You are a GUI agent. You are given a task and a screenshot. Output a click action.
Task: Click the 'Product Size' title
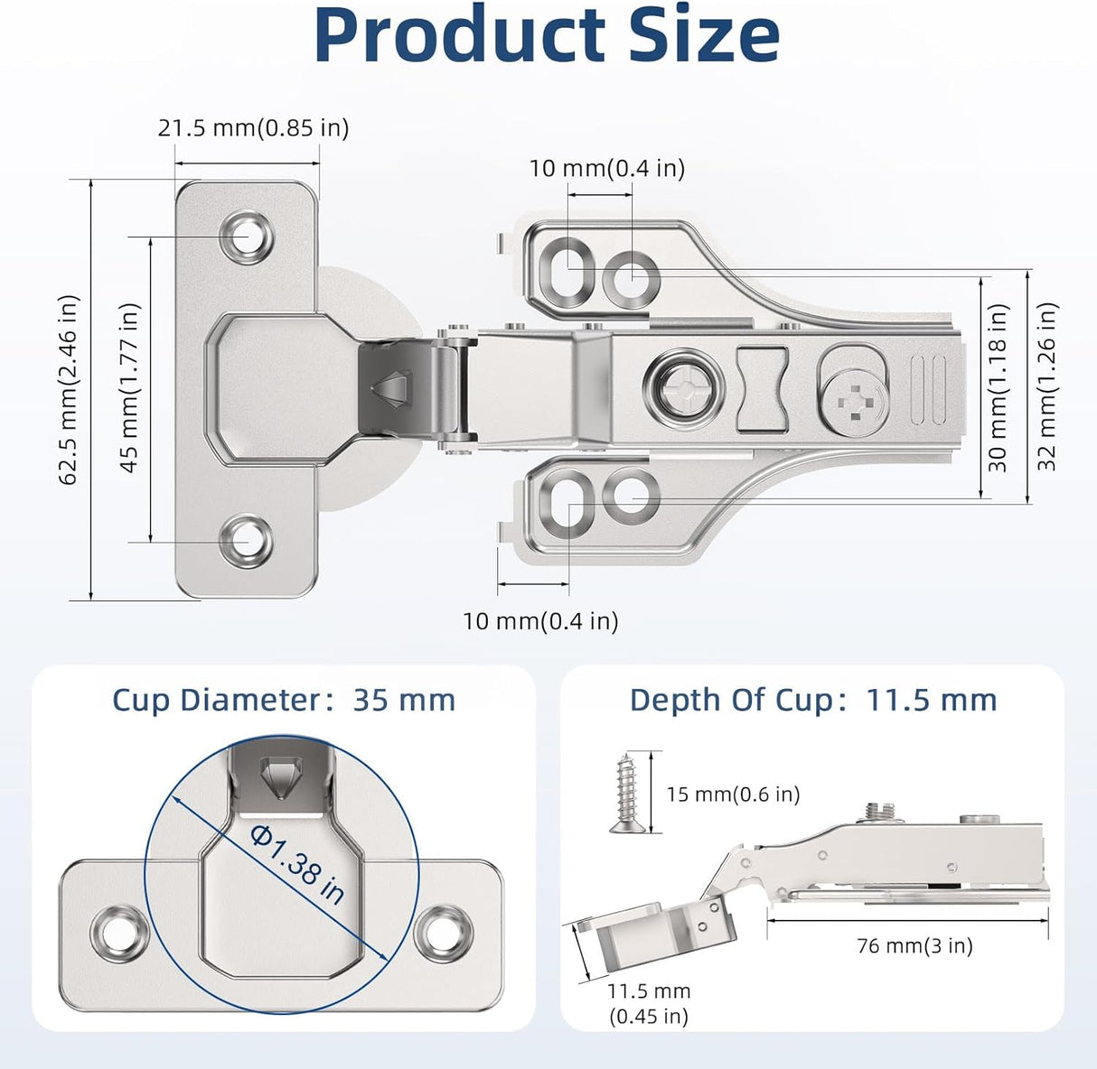(547, 36)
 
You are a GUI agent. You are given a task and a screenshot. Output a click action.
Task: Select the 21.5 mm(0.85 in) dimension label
(253, 128)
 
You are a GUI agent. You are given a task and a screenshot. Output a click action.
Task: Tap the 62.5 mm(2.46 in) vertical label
(70, 390)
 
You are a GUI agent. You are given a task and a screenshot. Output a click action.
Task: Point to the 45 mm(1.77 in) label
(130, 386)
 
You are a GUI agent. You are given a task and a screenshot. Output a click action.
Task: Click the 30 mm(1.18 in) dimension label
(998, 386)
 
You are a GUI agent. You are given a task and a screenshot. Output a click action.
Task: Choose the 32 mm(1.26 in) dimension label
(1046, 386)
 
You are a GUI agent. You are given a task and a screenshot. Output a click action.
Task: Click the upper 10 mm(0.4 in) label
(606, 169)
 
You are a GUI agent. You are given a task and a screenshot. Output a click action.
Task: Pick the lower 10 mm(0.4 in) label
(540, 621)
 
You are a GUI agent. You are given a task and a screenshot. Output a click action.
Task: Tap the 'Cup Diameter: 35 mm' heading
(284, 701)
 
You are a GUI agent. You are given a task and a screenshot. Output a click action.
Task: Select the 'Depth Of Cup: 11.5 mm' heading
(812, 701)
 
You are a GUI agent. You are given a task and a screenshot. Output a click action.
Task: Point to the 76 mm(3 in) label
(914, 946)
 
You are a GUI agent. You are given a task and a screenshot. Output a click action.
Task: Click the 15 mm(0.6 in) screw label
(733, 795)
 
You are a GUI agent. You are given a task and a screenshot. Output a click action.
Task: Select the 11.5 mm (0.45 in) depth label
(648, 1003)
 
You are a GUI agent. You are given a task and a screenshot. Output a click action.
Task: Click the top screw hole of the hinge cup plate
(246, 237)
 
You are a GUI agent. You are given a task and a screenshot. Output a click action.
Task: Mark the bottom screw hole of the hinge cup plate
(246, 541)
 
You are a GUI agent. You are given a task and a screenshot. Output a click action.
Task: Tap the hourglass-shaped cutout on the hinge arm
(763, 388)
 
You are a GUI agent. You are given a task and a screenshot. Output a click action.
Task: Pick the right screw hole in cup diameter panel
(442, 932)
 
